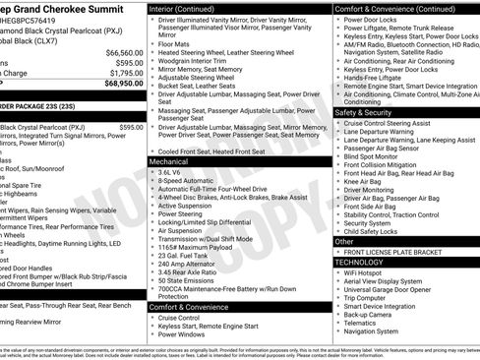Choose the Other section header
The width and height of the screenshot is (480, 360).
coord(345,241)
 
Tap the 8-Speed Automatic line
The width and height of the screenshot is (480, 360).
coord(187,182)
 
